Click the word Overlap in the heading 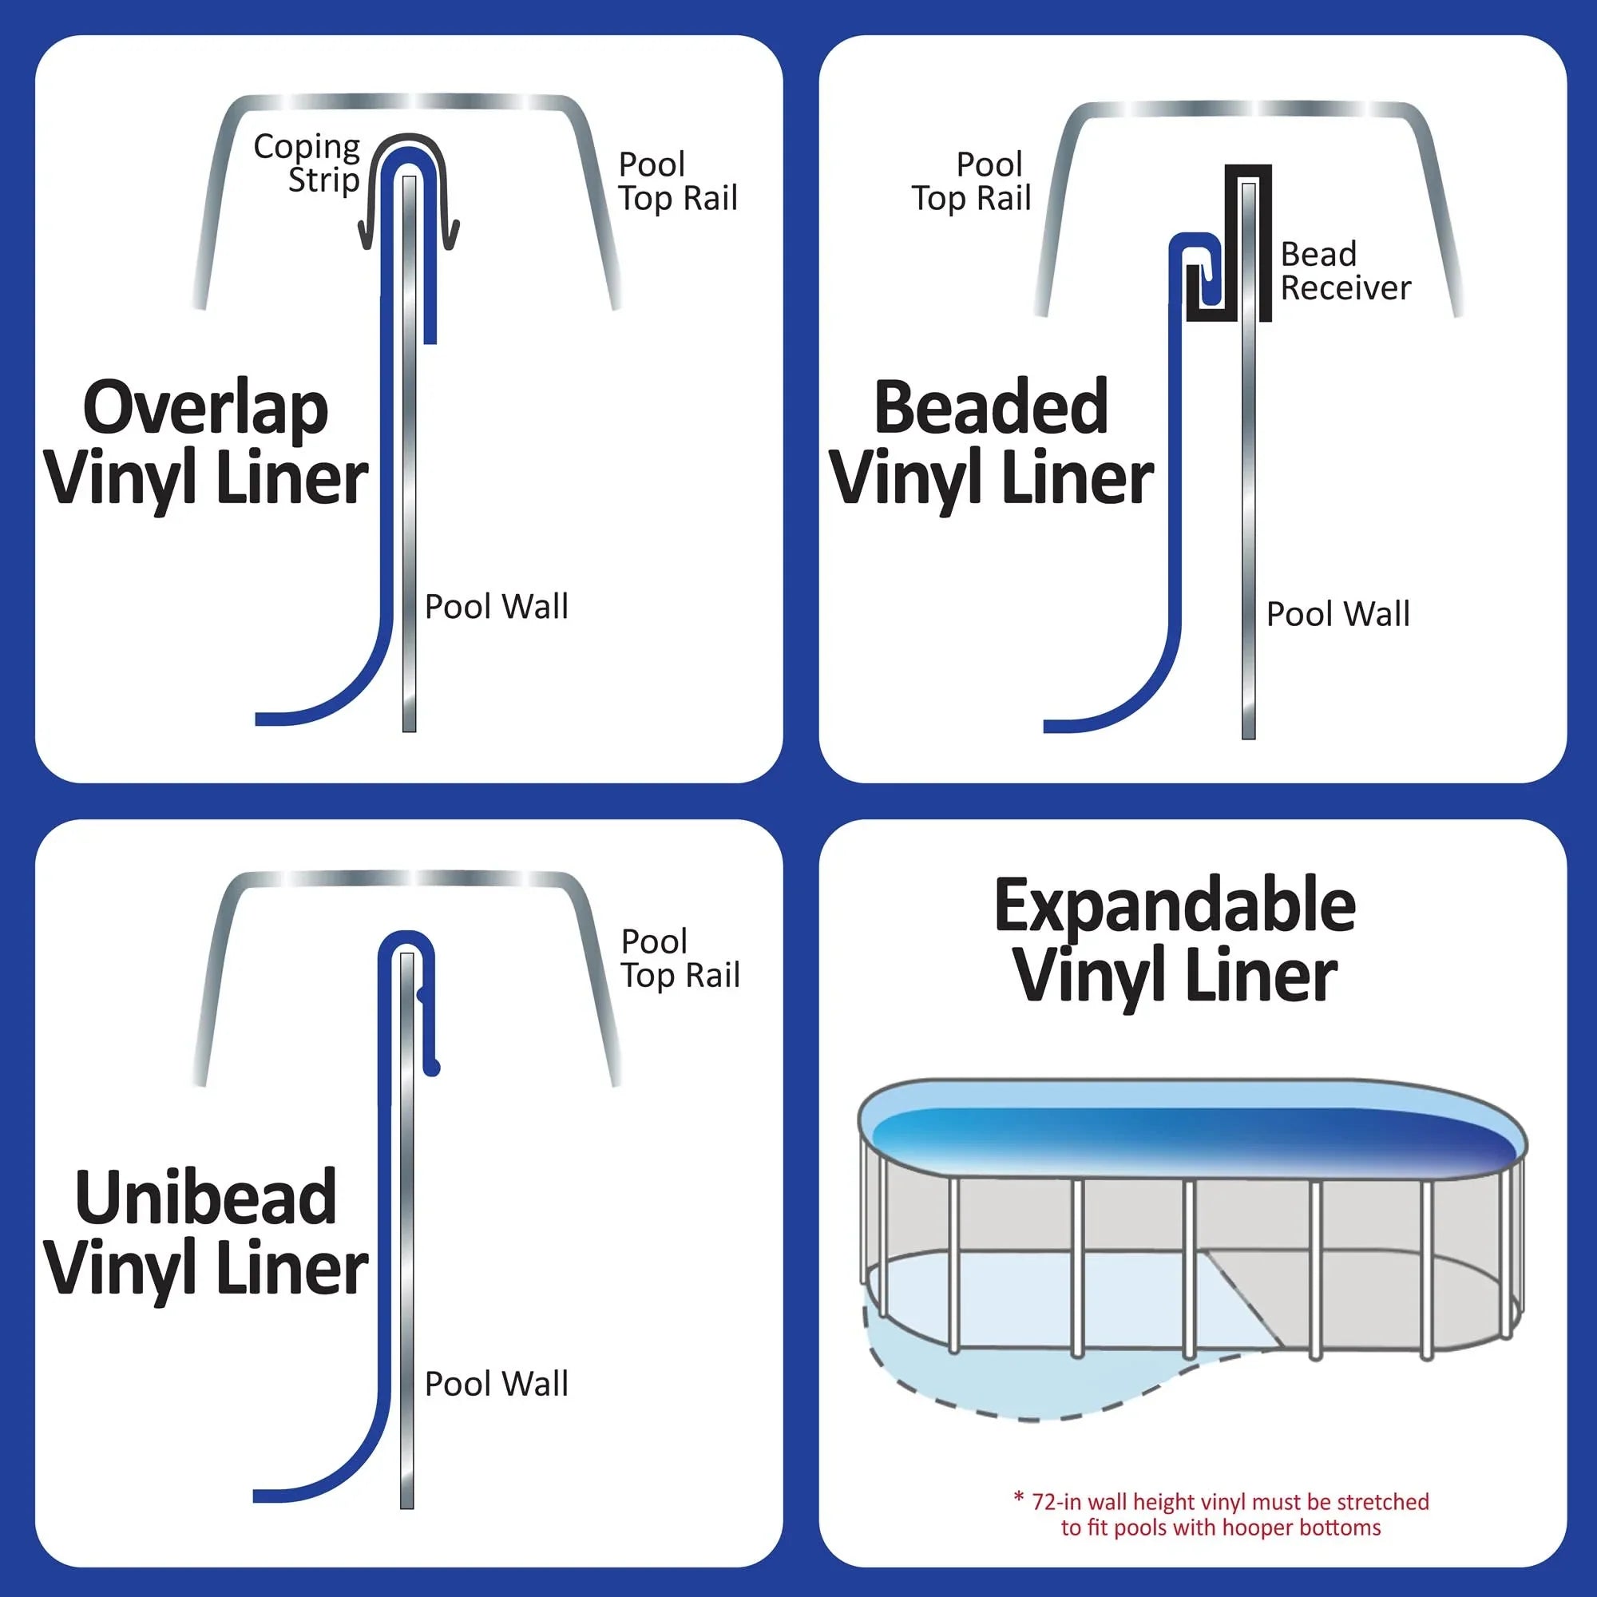205,409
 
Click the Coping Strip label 307,162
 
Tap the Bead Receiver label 1345,271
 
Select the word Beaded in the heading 990,407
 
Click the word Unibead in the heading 205,1198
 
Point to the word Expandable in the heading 1175,906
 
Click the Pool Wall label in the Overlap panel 496,607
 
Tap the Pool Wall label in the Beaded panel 1337,614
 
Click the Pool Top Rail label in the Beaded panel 972,181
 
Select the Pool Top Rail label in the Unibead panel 680,958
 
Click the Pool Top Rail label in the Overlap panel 678,181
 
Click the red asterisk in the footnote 1018,1497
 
